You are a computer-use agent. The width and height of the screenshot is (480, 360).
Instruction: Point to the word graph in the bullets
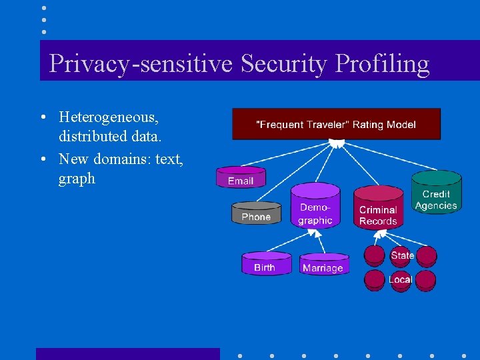click(x=77, y=179)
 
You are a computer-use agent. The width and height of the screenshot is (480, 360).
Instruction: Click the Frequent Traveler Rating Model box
click(x=336, y=124)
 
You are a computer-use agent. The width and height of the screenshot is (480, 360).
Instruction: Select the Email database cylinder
click(x=241, y=178)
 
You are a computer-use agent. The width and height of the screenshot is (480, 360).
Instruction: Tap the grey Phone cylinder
click(x=256, y=214)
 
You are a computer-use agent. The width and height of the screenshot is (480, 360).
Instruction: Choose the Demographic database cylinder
click(x=315, y=208)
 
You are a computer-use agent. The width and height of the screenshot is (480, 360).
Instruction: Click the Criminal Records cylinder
click(x=378, y=210)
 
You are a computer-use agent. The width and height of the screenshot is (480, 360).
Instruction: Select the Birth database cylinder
click(x=265, y=265)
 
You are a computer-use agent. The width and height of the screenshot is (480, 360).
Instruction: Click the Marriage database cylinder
click(x=323, y=265)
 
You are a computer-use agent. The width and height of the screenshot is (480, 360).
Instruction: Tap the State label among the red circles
click(x=402, y=255)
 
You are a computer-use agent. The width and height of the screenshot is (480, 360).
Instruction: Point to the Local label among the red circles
click(x=400, y=280)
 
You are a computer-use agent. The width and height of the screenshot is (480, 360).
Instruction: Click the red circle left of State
click(x=375, y=255)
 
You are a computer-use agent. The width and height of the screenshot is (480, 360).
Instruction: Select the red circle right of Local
click(x=426, y=280)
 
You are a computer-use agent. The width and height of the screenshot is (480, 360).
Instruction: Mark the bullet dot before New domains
click(x=43, y=159)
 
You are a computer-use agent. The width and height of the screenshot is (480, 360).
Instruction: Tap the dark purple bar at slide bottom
click(x=127, y=353)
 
